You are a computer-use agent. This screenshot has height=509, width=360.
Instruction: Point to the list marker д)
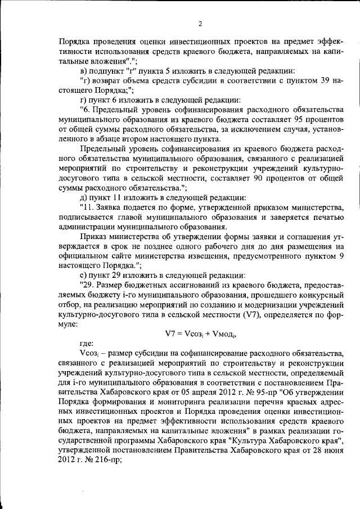tap(84, 198)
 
